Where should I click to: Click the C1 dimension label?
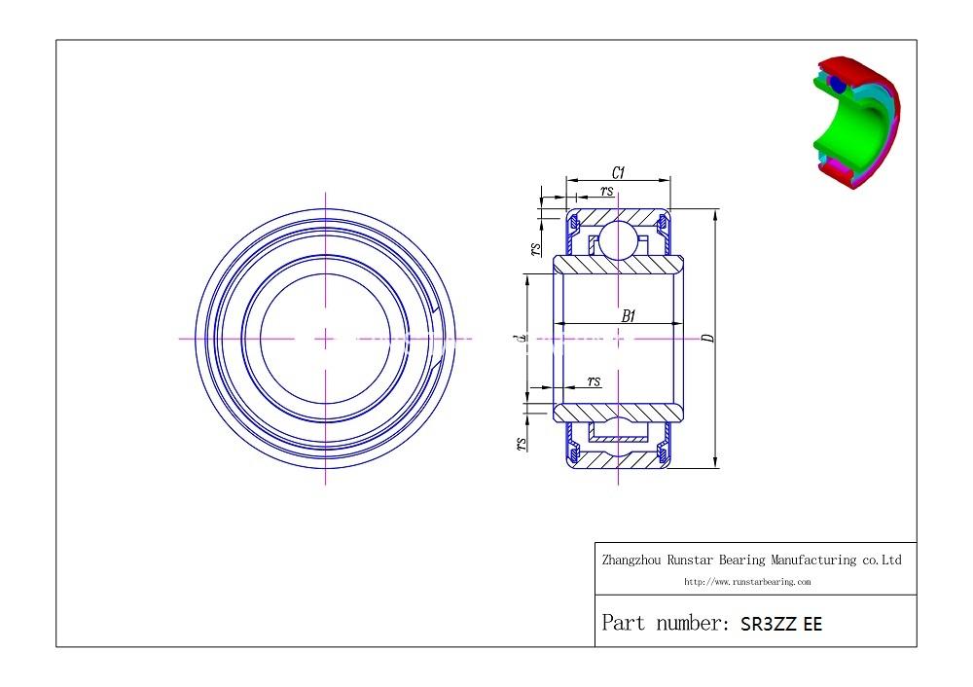click(618, 172)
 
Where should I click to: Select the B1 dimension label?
click(629, 315)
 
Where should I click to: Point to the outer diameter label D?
click(708, 338)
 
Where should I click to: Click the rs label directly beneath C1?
click(606, 191)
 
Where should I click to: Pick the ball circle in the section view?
click(617, 239)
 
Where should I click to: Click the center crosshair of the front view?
click(325, 339)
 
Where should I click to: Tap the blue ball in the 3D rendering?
click(837, 85)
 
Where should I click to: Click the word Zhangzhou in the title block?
click(632, 560)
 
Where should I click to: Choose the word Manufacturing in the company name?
click(815, 560)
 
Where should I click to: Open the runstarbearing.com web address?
click(747, 582)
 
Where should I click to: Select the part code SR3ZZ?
click(768, 625)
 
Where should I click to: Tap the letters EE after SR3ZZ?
click(812, 625)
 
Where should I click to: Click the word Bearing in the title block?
click(744, 560)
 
